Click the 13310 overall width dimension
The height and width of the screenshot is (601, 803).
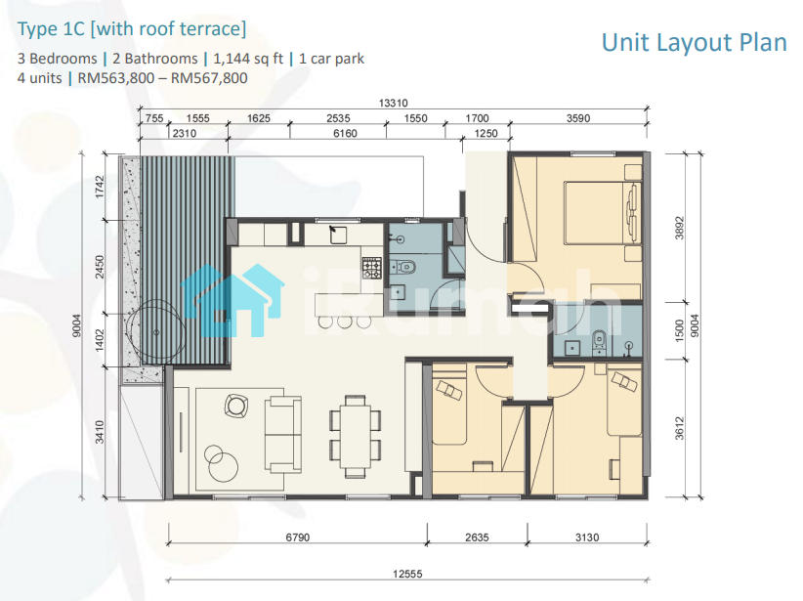pos(393,103)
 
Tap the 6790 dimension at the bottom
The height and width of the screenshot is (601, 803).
pos(298,537)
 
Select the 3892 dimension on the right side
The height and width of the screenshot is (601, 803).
pos(679,228)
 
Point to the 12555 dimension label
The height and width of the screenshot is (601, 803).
pos(407,574)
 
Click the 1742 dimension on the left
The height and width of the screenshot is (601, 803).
pos(100,187)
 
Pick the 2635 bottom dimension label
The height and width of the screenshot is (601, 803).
pos(477,537)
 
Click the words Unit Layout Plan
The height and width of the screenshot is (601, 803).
pos(694,43)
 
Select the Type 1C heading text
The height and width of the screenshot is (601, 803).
pos(51,29)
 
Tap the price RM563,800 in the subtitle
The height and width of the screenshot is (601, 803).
pos(116,78)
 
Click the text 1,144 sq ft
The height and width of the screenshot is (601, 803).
pos(248,59)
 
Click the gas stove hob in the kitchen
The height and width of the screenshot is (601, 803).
pos(372,268)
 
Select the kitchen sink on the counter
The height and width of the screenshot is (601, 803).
pos(337,235)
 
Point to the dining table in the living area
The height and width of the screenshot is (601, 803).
pos(356,436)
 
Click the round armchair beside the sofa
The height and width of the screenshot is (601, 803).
pos(236,406)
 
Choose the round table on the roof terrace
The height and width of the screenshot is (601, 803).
pos(156,332)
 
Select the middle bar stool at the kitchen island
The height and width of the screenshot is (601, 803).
pos(345,322)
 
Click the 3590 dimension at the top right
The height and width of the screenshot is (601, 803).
pos(578,118)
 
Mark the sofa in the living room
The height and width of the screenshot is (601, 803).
pos(282,435)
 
